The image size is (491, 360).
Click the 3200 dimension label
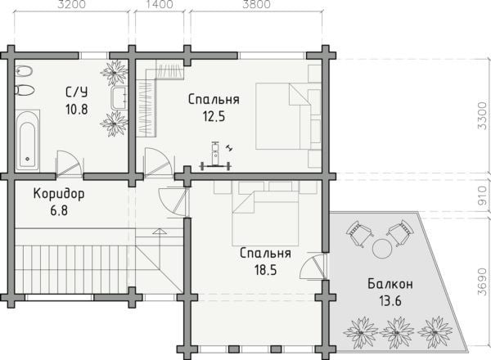point(72,4)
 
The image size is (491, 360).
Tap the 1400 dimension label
point(160,4)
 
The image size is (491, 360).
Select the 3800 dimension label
point(256,4)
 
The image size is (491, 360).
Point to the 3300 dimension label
point(483,115)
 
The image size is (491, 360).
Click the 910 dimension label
point(483,196)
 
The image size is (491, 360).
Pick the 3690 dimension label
point(483,281)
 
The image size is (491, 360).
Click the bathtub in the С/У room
point(28,140)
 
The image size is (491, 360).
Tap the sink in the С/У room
point(119,97)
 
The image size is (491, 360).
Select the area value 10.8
point(77,110)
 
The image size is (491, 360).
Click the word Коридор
point(59,194)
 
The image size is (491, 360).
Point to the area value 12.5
point(214,117)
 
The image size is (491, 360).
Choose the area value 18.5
point(265,270)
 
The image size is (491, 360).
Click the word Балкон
point(390,284)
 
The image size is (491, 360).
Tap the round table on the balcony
point(381,248)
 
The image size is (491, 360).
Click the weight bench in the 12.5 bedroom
point(215,156)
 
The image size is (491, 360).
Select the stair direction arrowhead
point(159,232)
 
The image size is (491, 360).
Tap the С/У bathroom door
point(69,163)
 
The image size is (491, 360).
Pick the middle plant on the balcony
point(398,332)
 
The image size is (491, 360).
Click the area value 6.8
point(59,210)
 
